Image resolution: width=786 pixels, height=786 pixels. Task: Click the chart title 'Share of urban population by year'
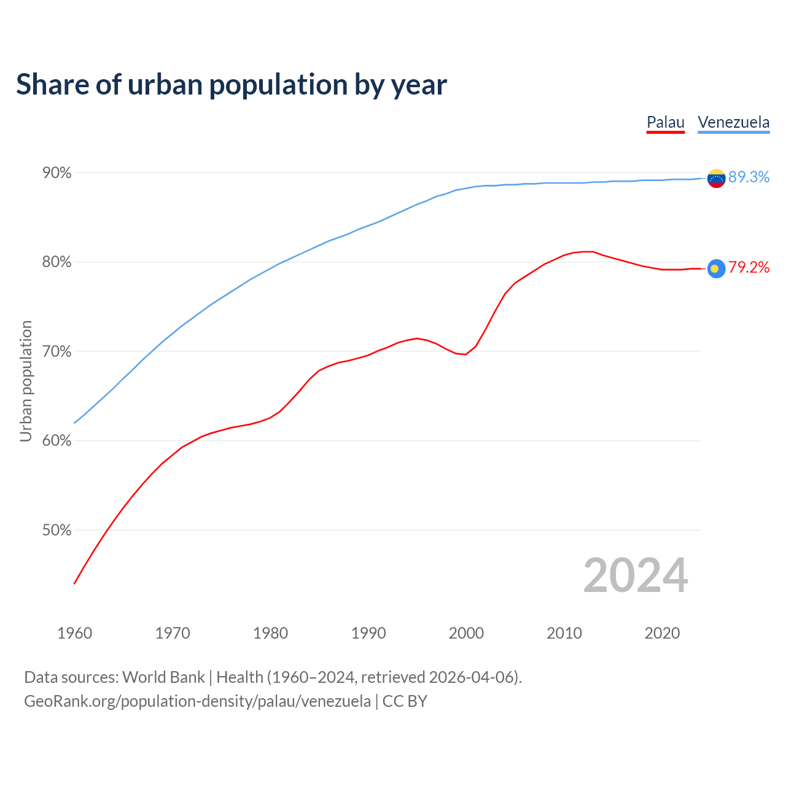(232, 85)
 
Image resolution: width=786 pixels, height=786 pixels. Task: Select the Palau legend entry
(666, 122)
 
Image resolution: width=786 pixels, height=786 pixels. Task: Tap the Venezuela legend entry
(734, 122)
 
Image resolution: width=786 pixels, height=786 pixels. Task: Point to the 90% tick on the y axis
(57, 173)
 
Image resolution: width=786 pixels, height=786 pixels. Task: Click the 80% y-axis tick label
(57, 262)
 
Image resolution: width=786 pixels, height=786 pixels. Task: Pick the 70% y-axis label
(57, 352)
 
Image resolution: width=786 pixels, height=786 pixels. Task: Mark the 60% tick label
(57, 441)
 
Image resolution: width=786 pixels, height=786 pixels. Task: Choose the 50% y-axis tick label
(57, 531)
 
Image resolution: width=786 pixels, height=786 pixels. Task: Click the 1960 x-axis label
(74, 633)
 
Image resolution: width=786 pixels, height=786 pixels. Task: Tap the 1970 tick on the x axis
(173, 633)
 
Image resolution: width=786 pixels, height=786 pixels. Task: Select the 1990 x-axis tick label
(368, 633)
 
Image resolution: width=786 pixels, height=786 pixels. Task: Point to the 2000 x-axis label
(467, 633)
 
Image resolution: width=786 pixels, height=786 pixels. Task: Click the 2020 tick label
(662, 633)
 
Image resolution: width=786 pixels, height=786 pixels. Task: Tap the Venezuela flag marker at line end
(716, 179)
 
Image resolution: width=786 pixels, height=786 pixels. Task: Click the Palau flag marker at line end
(716, 268)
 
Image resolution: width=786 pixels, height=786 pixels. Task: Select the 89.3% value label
(749, 177)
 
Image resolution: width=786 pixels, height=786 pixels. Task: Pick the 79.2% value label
(749, 267)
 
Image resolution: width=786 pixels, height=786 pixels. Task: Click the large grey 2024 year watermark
(636, 575)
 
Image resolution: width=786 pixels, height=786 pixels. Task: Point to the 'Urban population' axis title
(26, 381)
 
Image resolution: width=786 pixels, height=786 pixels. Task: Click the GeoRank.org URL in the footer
(197, 701)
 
